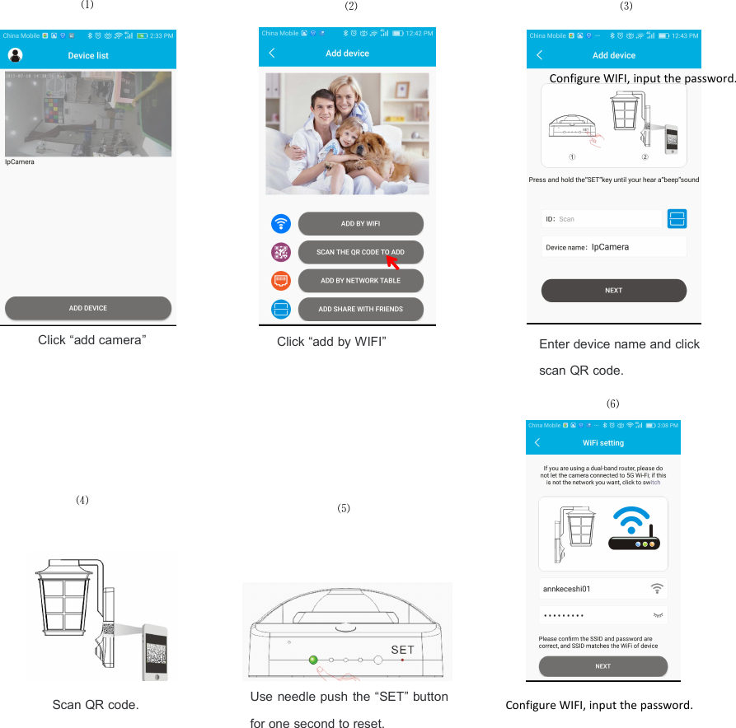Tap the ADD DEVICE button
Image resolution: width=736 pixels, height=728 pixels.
88,308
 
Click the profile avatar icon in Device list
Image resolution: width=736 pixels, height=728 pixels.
15,55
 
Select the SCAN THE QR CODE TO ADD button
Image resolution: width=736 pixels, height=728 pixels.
360,252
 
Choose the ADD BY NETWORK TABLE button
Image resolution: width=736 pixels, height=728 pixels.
360,281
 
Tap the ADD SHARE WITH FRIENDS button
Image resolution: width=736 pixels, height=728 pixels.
360,309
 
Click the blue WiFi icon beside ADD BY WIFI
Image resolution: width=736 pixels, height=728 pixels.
282,223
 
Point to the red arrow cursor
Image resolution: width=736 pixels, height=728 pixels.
392,264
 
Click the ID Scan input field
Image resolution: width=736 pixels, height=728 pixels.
602,219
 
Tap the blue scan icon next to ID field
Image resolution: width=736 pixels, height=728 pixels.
677,218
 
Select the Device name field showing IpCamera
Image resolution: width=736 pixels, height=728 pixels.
613,246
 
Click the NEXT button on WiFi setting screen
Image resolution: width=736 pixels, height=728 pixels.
602,666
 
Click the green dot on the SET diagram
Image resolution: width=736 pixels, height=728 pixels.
312,660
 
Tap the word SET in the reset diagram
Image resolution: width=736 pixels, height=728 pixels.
402,650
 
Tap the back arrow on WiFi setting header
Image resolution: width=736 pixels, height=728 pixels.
537,443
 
